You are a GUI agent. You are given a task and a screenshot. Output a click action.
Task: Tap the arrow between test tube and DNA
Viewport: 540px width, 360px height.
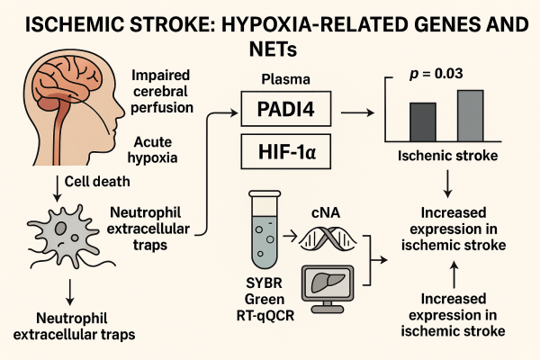click(291, 237)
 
